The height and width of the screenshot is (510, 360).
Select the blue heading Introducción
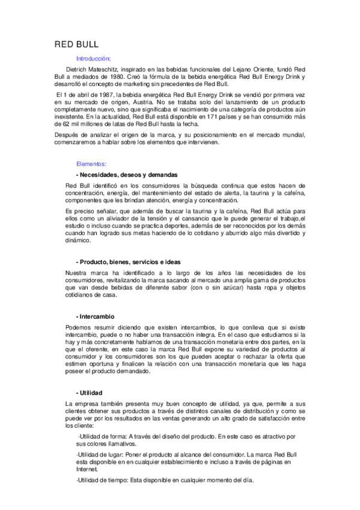[x=93, y=59]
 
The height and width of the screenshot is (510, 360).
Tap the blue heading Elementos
[x=91, y=164]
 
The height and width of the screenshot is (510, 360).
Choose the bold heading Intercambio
[x=97, y=316]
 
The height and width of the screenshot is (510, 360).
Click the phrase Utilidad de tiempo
[x=106, y=480]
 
